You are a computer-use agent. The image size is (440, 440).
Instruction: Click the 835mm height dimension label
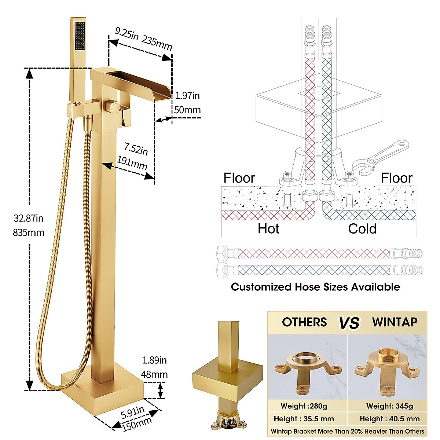(28, 232)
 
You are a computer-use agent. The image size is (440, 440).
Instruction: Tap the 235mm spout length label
(157, 43)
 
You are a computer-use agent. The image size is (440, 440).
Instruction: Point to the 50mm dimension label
(187, 110)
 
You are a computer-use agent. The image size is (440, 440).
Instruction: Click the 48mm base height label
(154, 374)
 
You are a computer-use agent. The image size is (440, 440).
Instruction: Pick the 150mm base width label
(136, 424)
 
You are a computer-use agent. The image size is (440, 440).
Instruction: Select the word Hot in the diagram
(268, 229)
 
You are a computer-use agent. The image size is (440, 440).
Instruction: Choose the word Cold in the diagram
(362, 229)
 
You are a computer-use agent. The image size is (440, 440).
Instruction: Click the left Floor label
(239, 178)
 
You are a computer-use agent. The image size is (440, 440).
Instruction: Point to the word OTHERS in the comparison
(304, 322)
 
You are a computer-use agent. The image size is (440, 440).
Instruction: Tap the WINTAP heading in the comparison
(395, 322)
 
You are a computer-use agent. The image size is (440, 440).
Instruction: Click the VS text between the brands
(349, 323)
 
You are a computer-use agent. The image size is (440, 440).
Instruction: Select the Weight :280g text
(304, 406)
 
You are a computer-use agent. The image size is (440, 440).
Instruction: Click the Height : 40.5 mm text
(389, 419)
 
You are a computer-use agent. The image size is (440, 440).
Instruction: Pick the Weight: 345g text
(389, 406)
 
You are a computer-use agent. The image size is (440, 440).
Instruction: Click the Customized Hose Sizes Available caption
(315, 287)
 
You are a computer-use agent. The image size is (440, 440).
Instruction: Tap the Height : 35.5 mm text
(304, 419)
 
